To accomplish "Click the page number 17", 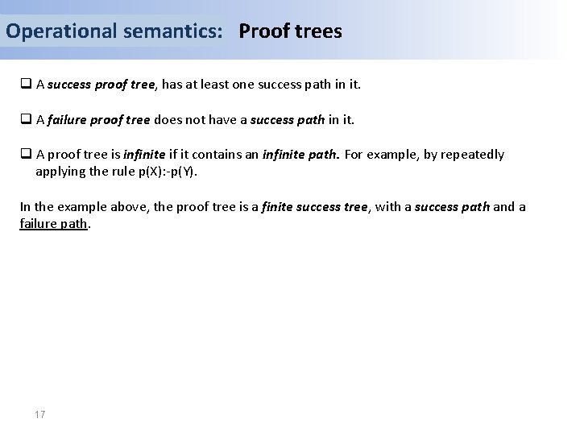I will tap(40, 414).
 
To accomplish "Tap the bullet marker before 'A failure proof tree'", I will tap(26, 120).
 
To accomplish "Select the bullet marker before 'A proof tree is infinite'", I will tap(26, 155).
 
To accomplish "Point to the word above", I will tap(126, 208).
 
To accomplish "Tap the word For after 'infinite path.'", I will tap(356, 155).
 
